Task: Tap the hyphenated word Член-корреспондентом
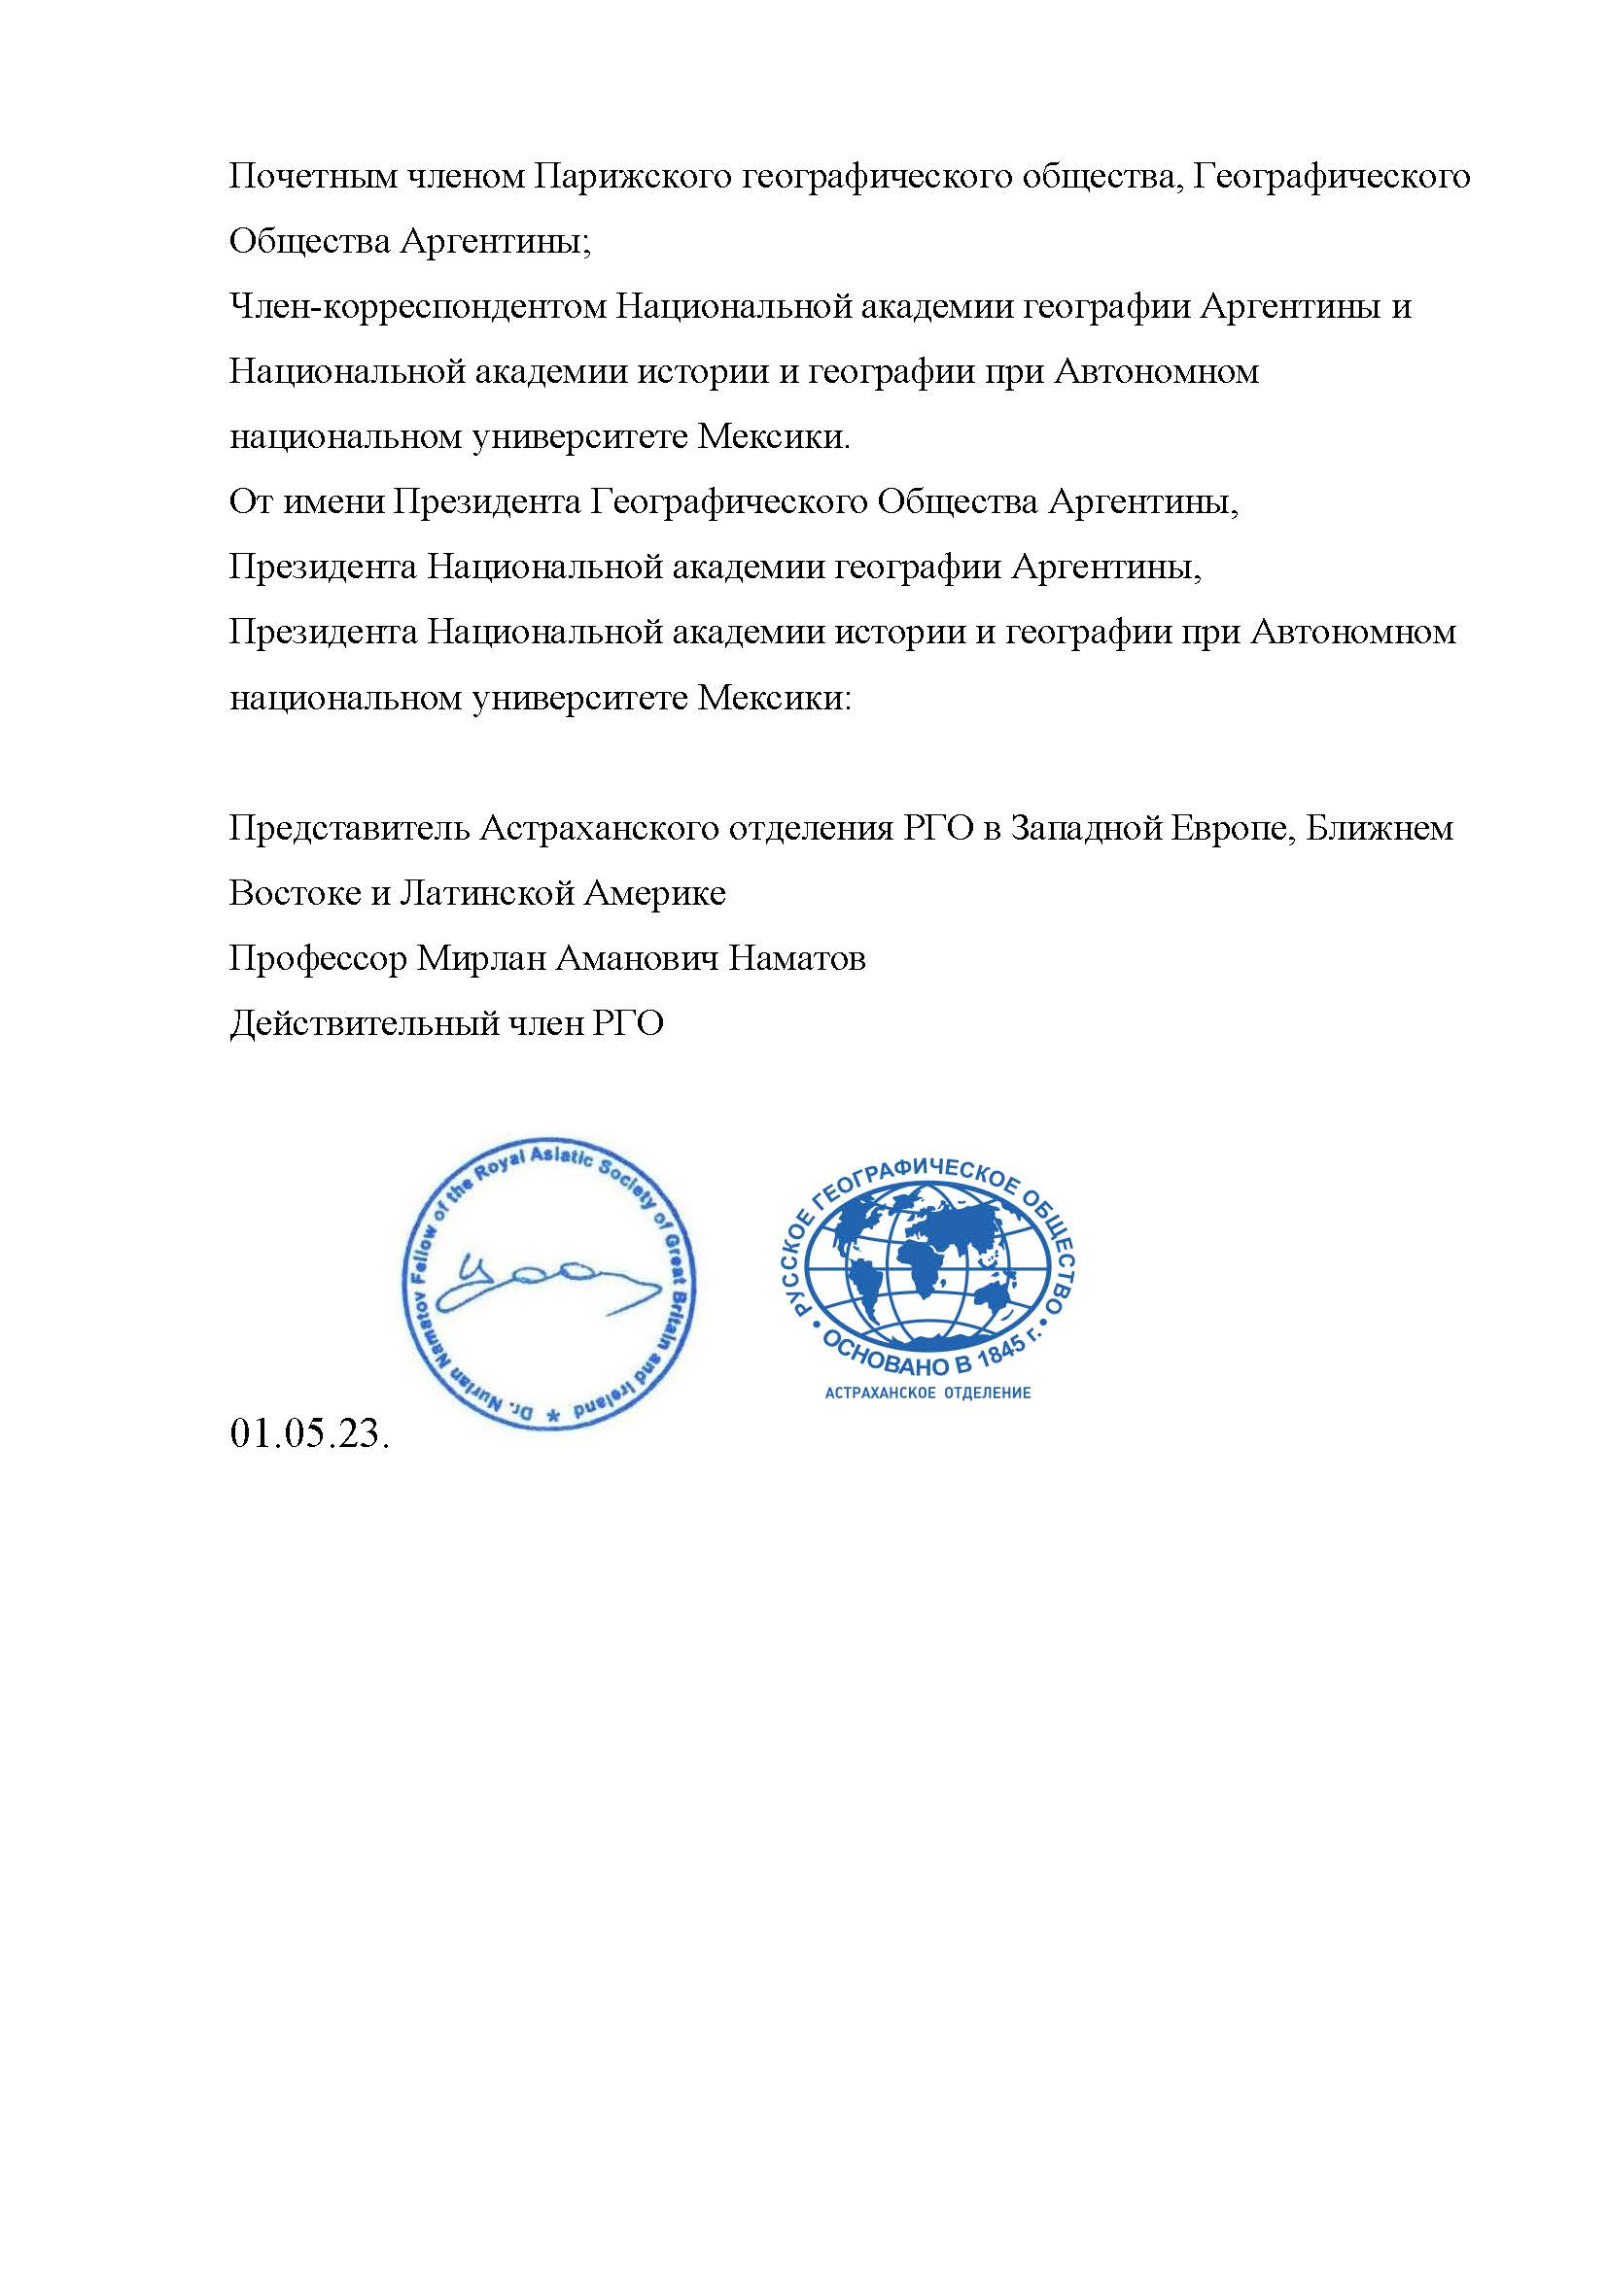click(417, 308)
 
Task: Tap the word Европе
click(1227, 828)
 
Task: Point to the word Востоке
click(294, 894)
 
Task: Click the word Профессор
click(318, 959)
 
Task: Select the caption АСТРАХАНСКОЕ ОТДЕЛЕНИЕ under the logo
click(927, 1393)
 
